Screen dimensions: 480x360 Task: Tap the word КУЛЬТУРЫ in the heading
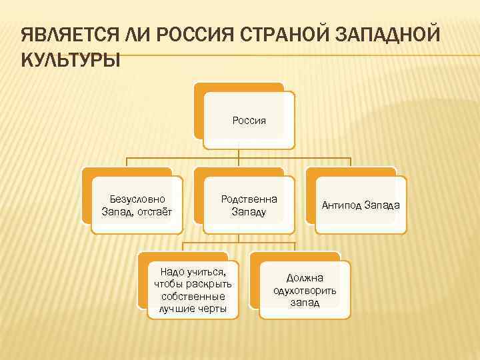point(71,61)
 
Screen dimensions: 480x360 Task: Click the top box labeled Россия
point(249,120)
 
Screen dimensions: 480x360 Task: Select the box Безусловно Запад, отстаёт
point(137,205)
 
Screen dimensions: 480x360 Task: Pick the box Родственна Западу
point(249,205)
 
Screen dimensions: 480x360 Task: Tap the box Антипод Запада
point(361,205)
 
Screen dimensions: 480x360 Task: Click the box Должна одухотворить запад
point(305,289)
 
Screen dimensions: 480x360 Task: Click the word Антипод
point(341,205)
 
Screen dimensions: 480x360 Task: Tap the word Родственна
point(249,199)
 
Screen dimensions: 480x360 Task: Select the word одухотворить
point(305,290)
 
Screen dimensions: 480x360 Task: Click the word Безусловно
point(137,199)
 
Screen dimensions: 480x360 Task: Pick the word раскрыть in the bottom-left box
point(209,284)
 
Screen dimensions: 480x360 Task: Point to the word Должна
point(305,277)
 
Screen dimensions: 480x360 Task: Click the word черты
point(212,308)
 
